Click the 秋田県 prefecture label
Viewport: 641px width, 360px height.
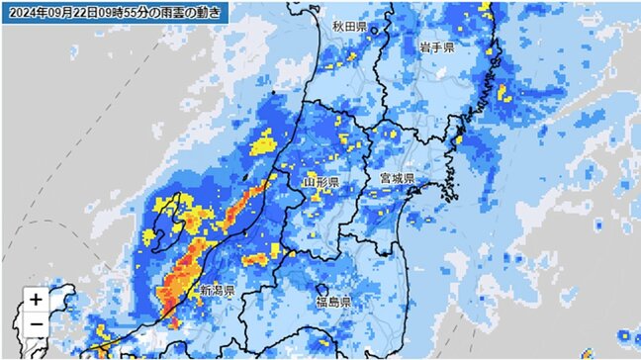(350, 27)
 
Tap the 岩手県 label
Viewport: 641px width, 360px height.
(436, 47)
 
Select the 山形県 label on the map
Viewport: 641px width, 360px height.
(320, 183)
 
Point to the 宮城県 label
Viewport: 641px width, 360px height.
(397, 178)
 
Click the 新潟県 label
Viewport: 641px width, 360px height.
(217, 292)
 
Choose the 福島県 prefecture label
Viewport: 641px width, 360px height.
(332, 301)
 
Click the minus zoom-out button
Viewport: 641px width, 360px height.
(36, 323)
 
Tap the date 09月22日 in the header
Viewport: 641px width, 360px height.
(72, 12)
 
